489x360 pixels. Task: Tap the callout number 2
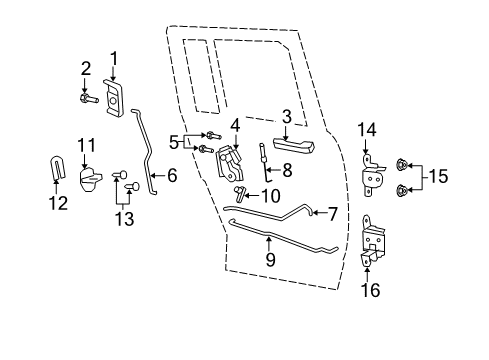click(x=86, y=69)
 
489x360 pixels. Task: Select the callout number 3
click(x=287, y=118)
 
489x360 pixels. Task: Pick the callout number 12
click(x=59, y=204)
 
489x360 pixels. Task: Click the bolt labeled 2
click(x=88, y=98)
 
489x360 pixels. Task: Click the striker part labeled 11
click(x=89, y=180)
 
